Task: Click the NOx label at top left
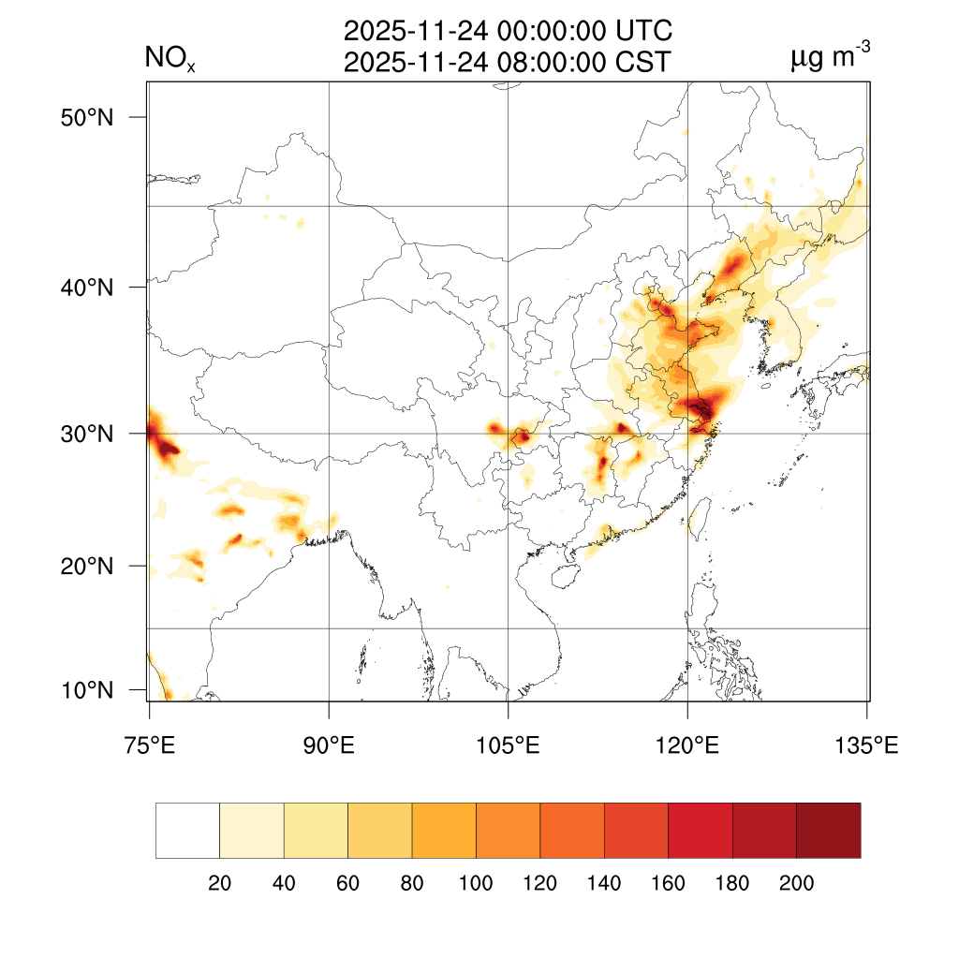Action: (x=170, y=60)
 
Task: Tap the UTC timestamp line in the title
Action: (x=508, y=32)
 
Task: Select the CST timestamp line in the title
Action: (x=508, y=63)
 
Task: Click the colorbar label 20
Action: (x=219, y=884)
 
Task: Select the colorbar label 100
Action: (x=476, y=884)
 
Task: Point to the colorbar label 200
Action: (x=796, y=884)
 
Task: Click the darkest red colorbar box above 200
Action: (x=828, y=831)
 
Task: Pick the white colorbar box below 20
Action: (x=187, y=831)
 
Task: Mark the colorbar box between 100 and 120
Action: (x=508, y=831)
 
